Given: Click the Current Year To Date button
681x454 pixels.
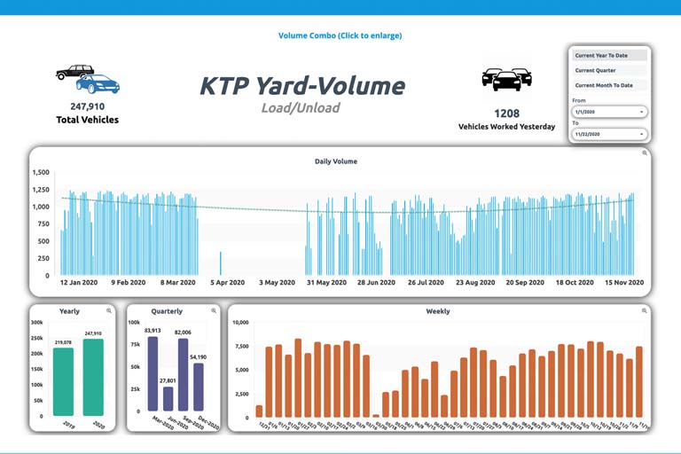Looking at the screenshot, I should (608, 56).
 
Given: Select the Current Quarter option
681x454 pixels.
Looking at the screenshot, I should (608, 71).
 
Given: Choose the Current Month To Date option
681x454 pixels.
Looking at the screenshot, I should (608, 86).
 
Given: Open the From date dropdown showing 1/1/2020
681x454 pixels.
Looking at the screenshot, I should (609, 113).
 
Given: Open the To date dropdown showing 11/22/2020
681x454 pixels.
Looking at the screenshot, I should (609, 135).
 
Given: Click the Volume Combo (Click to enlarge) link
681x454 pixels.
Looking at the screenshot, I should (340, 36).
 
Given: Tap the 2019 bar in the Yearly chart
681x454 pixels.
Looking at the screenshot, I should (63, 381).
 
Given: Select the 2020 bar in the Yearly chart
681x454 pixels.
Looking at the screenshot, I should (93, 377).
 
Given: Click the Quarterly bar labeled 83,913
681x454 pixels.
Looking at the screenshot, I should (153, 373).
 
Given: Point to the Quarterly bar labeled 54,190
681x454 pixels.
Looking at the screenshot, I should (199, 387).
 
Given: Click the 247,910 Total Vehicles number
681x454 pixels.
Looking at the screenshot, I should (87, 107).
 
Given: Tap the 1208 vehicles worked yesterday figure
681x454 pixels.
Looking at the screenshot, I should (506, 113).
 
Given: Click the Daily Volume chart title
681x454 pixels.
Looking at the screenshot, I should (336, 161).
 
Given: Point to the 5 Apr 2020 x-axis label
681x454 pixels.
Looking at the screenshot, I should (227, 283).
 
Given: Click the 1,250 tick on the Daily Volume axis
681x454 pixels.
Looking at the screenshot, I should (41, 190).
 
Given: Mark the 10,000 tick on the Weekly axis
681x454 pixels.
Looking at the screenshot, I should (240, 323).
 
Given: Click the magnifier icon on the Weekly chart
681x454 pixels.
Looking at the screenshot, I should (645, 311).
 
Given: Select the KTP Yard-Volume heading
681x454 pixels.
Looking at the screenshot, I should (301, 86).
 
